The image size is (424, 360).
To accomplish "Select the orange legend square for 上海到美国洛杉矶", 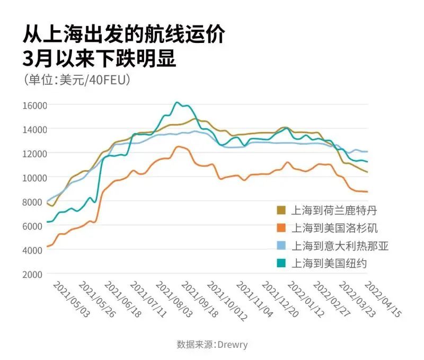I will [x=282, y=228].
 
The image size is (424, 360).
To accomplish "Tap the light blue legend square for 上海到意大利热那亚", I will [x=282, y=245].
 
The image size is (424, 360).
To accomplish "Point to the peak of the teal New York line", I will [x=177, y=102].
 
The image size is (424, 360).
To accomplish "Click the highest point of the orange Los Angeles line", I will [x=178, y=146].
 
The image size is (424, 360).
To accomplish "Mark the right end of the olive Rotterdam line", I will [x=367, y=172].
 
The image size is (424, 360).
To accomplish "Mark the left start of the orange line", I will [x=48, y=247].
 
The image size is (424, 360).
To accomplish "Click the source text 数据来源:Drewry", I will [x=212, y=345].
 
